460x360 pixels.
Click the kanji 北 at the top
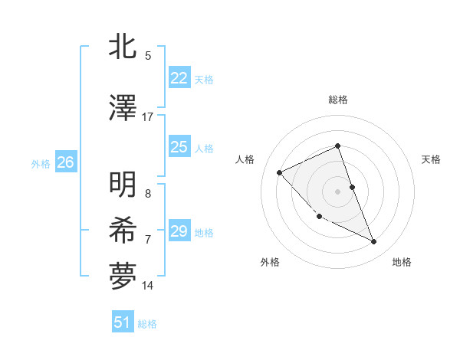123,47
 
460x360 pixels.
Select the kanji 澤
123,109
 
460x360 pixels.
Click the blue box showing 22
179,78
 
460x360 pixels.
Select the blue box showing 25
179,147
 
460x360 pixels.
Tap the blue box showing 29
179,231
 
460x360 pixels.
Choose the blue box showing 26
65,162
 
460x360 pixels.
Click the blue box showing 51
123,322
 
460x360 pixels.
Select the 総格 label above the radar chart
337,100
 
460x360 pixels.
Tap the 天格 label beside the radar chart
431,159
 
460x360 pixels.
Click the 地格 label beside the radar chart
402,262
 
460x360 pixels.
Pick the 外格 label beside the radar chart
270,262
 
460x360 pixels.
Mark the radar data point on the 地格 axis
374,242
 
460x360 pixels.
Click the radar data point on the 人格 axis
280,172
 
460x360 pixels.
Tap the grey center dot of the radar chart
337,191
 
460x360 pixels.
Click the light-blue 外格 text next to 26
40,163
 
